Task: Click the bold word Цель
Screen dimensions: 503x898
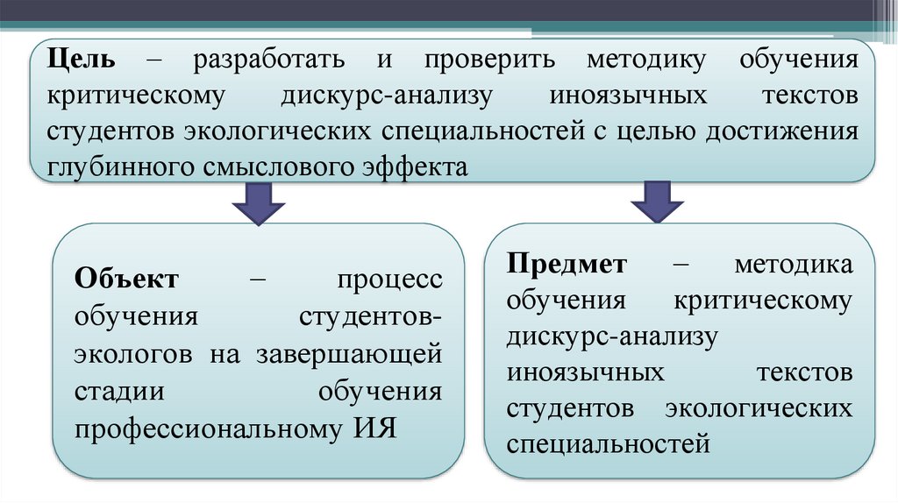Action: [x=81, y=62]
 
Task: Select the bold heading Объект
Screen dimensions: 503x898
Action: [x=127, y=280]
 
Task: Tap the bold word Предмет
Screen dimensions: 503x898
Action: [x=567, y=264]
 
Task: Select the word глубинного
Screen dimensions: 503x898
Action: [x=110, y=165]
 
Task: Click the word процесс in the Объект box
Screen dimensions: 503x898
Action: [x=389, y=280]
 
